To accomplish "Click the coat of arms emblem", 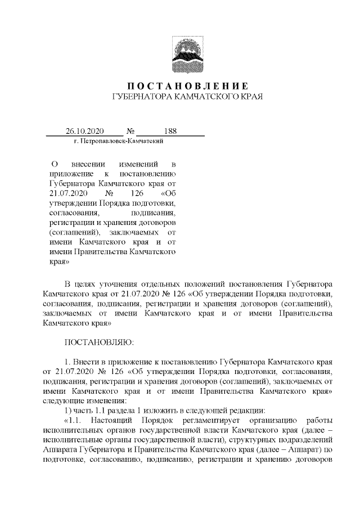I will pyautogui.click(x=187, y=55).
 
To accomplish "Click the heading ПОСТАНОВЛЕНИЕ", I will pyautogui.click(x=187, y=86).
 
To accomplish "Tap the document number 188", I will pyautogui.click(x=170, y=131).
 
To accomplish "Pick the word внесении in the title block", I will pyautogui.click(x=92, y=164).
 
